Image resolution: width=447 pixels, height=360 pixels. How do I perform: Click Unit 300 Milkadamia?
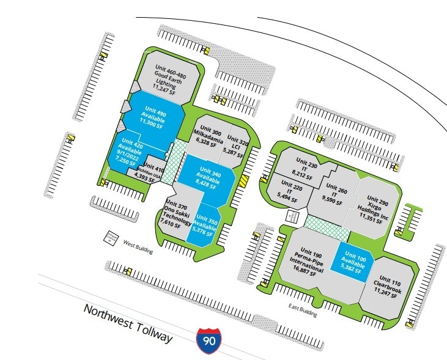click(207, 136)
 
